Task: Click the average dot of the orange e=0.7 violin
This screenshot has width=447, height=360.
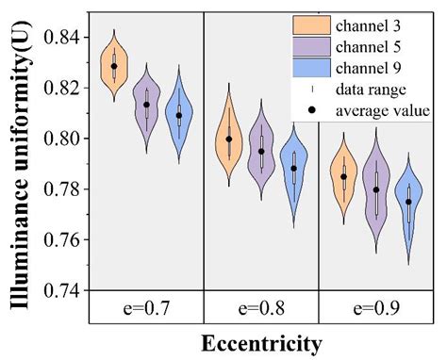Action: [114, 66]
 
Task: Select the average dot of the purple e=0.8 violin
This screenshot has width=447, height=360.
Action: [262, 151]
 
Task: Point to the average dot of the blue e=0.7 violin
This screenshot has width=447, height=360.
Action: [179, 116]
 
